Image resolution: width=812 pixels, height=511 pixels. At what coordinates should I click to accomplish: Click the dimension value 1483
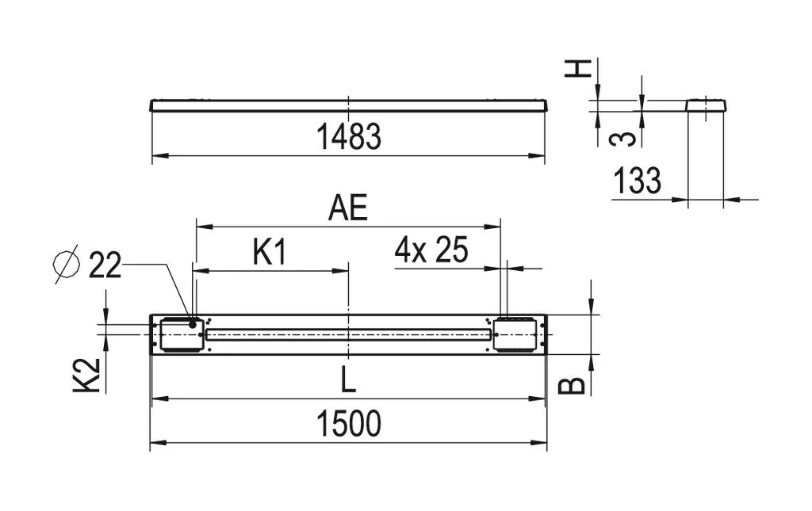[349, 136]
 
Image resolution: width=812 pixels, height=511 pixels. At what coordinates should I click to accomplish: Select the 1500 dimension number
[349, 423]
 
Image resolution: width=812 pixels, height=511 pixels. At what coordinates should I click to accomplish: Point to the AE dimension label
[349, 208]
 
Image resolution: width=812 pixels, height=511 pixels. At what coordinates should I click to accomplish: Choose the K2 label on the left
[86, 375]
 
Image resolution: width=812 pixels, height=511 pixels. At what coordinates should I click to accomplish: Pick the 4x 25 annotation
[431, 250]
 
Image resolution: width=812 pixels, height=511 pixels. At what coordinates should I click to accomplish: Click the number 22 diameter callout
[105, 265]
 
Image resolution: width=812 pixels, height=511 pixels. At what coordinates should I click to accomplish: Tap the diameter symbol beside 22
[67, 264]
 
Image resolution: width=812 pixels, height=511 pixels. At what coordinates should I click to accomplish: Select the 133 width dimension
[637, 180]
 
